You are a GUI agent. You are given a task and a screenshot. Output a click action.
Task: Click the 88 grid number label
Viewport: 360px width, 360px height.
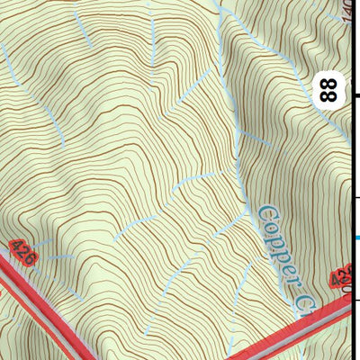tap(331, 89)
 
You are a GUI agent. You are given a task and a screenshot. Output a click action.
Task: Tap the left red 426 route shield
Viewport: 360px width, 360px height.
tap(23, 253)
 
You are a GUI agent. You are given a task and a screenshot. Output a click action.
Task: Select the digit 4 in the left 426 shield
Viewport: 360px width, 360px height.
tap(18, 247)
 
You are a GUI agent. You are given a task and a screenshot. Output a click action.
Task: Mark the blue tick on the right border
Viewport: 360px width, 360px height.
tap(356, 238)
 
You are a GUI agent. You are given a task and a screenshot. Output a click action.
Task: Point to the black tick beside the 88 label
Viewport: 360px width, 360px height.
tap(355, 94)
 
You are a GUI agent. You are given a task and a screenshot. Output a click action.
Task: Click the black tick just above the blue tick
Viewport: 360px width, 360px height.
tap(356, 197)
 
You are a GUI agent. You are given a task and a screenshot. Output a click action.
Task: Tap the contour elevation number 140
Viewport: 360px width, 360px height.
tap(350, 11)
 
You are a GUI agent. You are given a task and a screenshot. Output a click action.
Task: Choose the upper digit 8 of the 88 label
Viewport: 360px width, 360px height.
tap(331, 82)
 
